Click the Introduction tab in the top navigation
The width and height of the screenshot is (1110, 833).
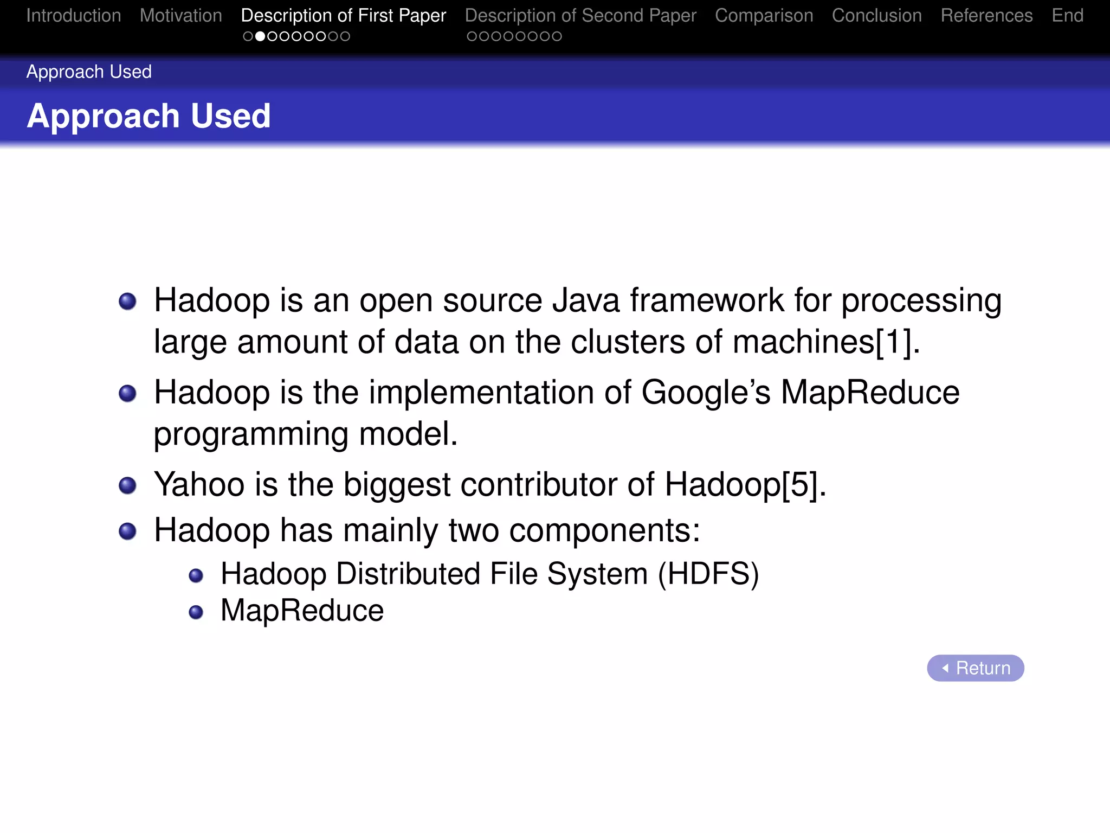[73, 16]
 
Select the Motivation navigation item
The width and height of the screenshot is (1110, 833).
[180, 16]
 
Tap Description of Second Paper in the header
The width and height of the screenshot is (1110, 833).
[580, 16]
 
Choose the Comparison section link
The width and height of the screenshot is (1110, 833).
[764, 16]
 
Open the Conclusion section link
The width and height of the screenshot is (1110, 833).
[876, 16]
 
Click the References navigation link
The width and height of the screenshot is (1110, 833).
[986, 16]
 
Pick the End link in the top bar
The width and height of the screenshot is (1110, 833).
[1067, 16]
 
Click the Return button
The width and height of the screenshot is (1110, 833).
[975, 668]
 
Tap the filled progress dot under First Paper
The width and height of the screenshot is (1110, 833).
[260, 36]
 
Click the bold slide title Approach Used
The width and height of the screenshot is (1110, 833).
[149, 116]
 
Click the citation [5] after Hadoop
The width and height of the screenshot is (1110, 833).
[799, 484]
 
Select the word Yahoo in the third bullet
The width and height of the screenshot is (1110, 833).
[199, 484]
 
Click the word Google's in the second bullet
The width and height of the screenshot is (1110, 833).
[705, 392]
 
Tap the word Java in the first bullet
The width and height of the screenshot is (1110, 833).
[585, 300]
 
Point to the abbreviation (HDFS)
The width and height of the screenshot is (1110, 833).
[708, 574]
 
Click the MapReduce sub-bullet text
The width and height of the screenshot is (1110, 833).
[302, 611]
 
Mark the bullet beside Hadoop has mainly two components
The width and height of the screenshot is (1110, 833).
[127, 531]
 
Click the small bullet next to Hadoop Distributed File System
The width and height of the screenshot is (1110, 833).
[196, 575]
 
